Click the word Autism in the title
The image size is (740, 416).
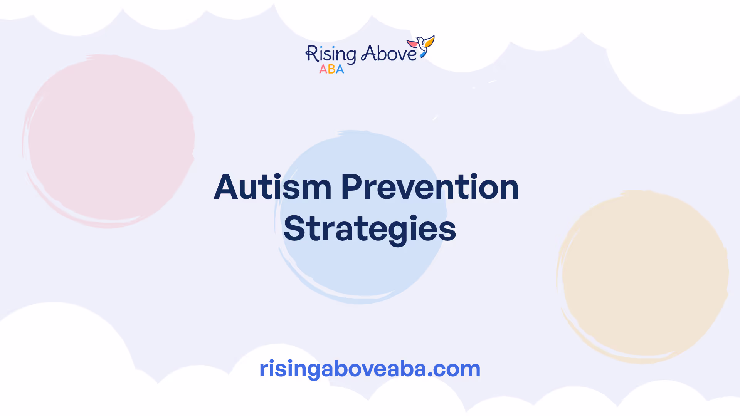(x=272, y=187)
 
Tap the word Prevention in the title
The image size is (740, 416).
(x=430, y=187)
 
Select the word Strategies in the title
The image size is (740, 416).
(x=370, y=229)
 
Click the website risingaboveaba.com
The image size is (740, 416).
(x=370, y=369)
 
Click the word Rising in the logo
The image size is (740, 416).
(x=331, y=55)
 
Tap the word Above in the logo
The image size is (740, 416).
(x=389, y=54)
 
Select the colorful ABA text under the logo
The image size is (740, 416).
(x=331, y=69)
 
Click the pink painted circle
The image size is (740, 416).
(x=109, y=141)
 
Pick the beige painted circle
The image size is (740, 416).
(x=642, y=277)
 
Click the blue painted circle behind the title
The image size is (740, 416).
(x=361, y=217)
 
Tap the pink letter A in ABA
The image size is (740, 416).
(x=323, y=69)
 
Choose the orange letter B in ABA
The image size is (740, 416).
(x=331, y=69)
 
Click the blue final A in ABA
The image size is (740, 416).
(x=340, y=69)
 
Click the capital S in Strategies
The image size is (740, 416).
(x=294, y=229)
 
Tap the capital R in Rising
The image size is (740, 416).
(x=311, y=54)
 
